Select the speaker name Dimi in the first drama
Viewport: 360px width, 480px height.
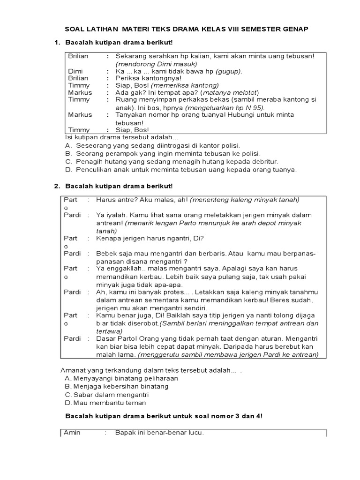(75, 71)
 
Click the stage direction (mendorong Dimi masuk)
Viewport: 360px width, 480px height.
(157, 64)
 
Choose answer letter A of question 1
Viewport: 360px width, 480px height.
(68, 145)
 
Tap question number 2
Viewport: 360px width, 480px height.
(57, 186)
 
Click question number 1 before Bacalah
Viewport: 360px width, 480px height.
(57, 43)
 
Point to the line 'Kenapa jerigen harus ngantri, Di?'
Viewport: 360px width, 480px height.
(150, 238)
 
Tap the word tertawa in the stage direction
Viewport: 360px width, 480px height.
(109, 331)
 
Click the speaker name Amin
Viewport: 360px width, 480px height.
(72, 433)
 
